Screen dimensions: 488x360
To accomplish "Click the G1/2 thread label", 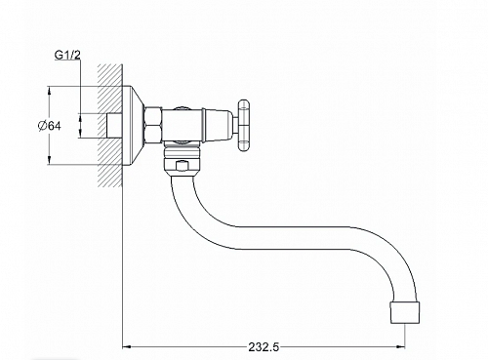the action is click(67, 56).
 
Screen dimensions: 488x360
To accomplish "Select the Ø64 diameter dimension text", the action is click(49, 126).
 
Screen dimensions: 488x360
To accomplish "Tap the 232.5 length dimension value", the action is click(264, 347).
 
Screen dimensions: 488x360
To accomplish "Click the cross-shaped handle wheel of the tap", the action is click(244, 126).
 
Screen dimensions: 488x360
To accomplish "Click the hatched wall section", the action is click(110, 125).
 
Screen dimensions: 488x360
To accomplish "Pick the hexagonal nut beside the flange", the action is click(153, 126).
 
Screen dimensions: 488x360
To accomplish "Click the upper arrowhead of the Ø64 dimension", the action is click(49, 90).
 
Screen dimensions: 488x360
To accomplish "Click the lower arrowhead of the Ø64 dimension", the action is click(49, 161).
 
